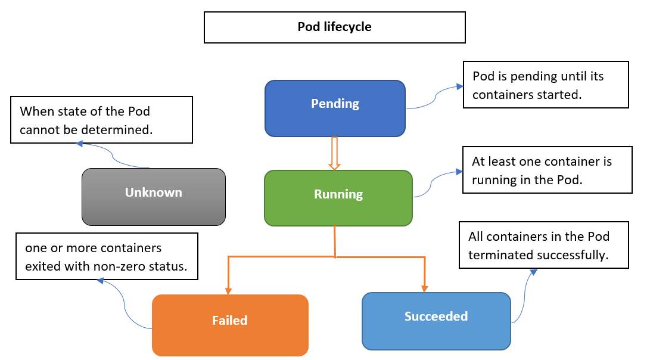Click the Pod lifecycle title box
tap(334, 27)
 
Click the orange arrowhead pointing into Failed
tap(228, 290)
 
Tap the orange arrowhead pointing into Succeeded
tap(424, 288)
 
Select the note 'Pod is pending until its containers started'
tap(545, 84)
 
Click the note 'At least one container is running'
tap(547, 170)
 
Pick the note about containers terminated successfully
tap(544, 245)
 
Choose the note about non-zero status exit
tap(107, 256)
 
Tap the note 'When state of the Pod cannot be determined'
tap(101, 120)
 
